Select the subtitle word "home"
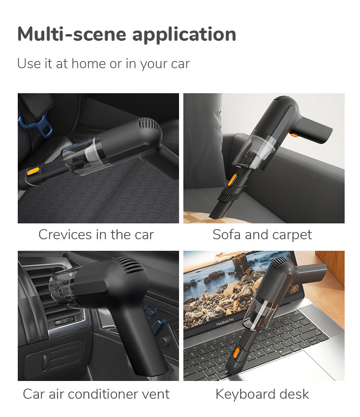[89, 63]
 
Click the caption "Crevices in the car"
[96, 234]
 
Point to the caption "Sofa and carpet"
[262, 235]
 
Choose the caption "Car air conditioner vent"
[96, 394]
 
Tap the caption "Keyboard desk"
[262, 394]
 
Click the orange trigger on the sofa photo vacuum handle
[294, 135]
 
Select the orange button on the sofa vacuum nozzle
[231, 180]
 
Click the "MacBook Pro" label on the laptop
[225, 322]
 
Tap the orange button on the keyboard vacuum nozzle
[235, 353]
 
